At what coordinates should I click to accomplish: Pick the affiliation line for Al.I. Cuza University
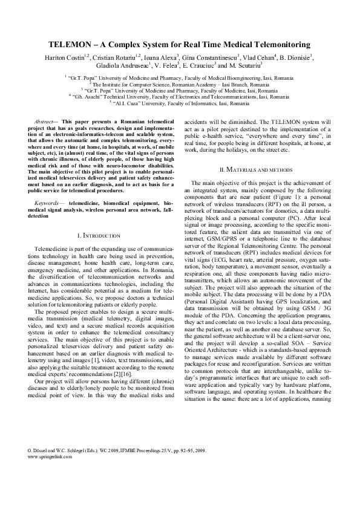pos(179,103)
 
